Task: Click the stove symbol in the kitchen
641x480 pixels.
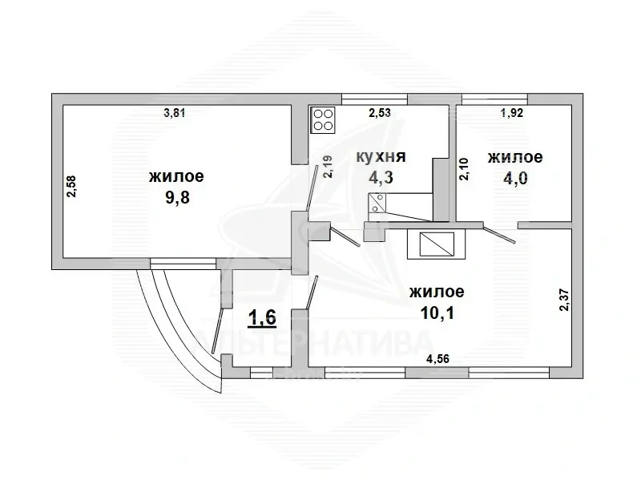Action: pos(324,119)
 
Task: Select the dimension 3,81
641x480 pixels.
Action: pos(175,113)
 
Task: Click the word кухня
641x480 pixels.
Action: pos(381,157)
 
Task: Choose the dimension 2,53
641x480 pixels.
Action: pos(380,113)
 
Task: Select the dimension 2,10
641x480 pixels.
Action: pos(464,169)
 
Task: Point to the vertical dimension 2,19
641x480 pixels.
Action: pos(328,165)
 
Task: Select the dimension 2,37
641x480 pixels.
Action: pos(563,300)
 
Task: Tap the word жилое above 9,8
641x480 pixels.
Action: pos(175,175)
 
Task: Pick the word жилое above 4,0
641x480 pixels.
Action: pos(515,157)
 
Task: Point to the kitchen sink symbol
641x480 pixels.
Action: pos(377,204)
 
